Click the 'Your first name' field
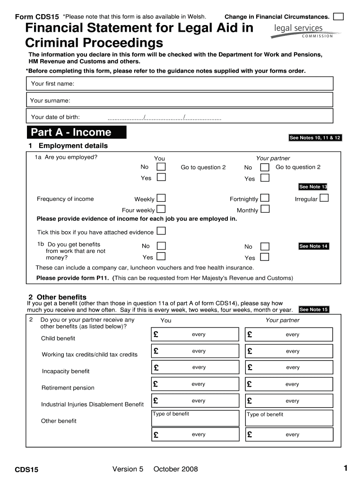tap(179, 84)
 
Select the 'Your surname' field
tap(179, 100)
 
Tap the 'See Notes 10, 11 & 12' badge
tap(315, 138)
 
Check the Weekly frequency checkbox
tap(161, 198)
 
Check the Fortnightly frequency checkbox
tap(265, 198)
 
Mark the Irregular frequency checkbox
tap(324, 198)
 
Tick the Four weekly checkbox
tap(161, 209)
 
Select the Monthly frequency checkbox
tap(265, 209)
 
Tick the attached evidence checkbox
tap(161, 231)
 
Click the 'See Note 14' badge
tap(313, 246)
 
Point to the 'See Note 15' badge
tap(313, 310)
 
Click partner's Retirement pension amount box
tap(289, 384)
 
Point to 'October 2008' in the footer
tap(175, 469)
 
